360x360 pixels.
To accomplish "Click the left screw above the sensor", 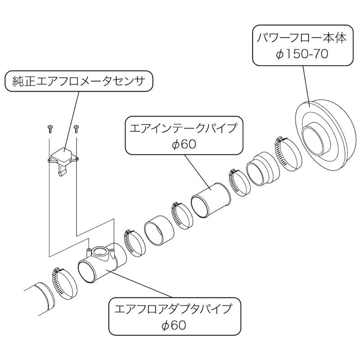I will [49, 130].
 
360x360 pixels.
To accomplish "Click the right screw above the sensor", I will [76, 130].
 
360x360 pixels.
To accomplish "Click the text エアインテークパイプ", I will [183, 127].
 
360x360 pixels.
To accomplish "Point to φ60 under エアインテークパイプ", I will [183, 145].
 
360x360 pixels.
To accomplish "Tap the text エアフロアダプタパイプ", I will [173, 309].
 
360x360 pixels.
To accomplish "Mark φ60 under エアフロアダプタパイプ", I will [173, 325].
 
